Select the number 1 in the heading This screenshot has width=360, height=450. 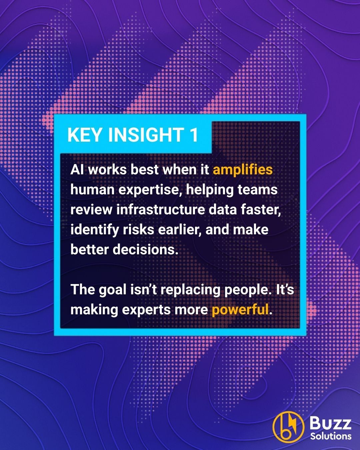[x=194, y=135]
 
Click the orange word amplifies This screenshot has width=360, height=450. [x=243, y=170]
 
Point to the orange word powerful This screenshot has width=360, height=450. [x=240, y=310]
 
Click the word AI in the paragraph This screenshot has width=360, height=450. [x=77, y=170]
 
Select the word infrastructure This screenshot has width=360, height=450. [x=161, y=210]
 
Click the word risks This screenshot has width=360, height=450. [x=138, y=230]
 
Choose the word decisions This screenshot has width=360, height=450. [x=148, y=250]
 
